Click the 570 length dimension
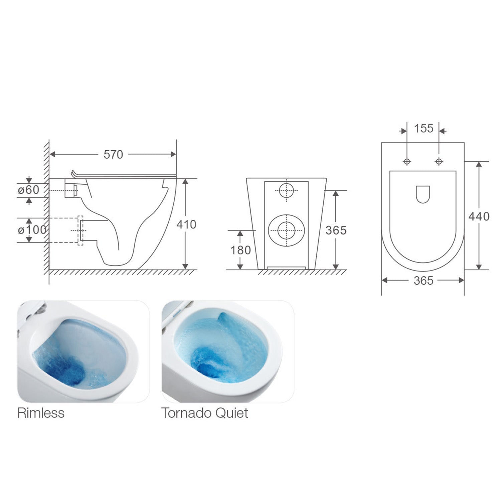pos(113,154)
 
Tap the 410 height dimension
pos(186,224)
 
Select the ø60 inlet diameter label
pos(29,190)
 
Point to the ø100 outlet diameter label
pos(31,230)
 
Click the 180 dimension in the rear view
pos(240,250)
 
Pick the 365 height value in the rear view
pos(336,230)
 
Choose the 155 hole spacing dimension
pos(424,129)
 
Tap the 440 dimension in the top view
pos(479,216)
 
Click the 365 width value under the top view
pos(423,281)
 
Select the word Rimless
pos(41,413)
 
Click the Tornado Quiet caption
pos(204,413)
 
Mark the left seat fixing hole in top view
pos(407,162)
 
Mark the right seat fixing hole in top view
pos(439,162)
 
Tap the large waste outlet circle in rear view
pos(286,230)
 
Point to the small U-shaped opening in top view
pos(423,194)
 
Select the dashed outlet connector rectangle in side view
pos(80,230)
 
